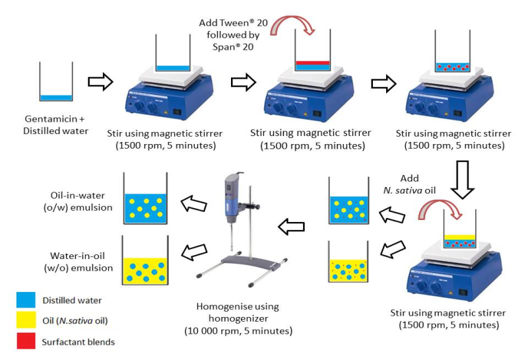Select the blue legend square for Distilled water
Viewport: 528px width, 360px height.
[x=25, y=301]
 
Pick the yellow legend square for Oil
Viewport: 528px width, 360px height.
[x=25, y=321]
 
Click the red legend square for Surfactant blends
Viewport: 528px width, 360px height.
[x=25, y=342]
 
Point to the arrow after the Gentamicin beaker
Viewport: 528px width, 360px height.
[x=100, y=81]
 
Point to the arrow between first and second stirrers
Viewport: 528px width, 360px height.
[x=244, y=81]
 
